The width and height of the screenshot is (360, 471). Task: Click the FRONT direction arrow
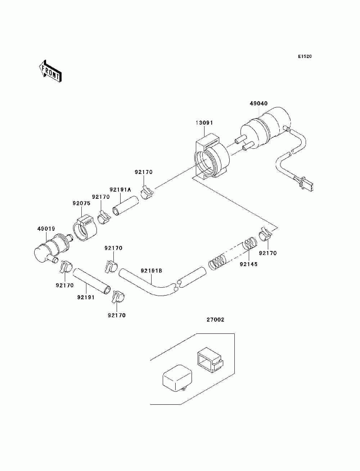50,71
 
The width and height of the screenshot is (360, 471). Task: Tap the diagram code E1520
305,57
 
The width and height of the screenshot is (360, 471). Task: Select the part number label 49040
258,103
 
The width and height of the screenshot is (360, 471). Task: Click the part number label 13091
204,123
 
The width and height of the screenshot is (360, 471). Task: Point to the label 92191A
120,190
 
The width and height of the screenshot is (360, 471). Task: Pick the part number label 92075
81,203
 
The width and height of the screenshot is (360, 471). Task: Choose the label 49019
46,229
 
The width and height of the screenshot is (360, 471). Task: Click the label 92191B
151,271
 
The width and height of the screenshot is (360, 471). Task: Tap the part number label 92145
248,264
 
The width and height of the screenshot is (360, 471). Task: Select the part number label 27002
215,326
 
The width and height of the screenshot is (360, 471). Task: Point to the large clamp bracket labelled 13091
211,158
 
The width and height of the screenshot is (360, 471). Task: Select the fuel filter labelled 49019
54,249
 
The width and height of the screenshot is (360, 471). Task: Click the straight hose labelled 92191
91,282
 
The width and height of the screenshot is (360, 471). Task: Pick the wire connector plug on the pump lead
305,183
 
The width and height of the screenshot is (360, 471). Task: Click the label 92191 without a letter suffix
86,297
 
